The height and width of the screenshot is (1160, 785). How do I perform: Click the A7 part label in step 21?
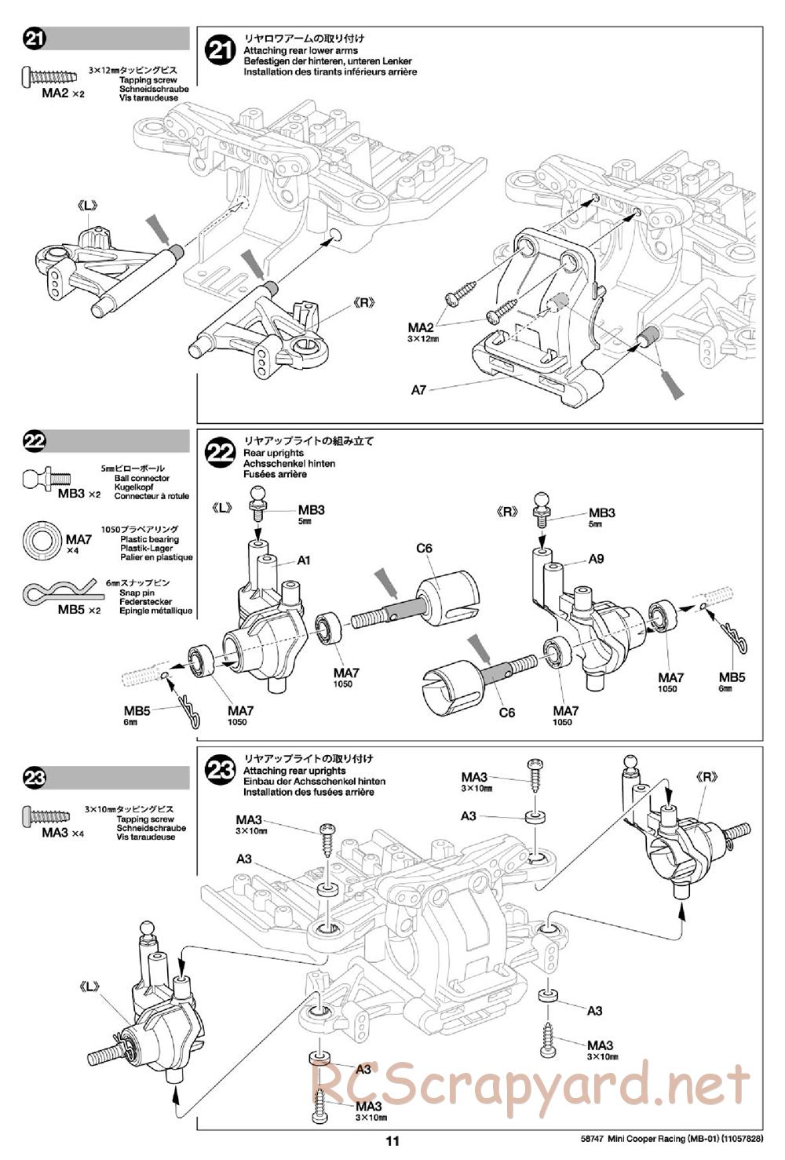tap(418, 389)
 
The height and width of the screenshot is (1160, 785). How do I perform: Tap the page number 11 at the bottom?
tap(392, 1142)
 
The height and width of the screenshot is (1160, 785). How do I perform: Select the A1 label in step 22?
tap(305, 560)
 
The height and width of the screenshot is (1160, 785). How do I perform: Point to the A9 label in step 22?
tap(596, 560)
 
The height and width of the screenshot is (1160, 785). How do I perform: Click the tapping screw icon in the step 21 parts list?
tap(49, 76)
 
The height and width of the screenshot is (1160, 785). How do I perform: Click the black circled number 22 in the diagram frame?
tap(220, 453)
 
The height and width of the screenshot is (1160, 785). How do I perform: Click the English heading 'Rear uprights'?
tap(273, 453)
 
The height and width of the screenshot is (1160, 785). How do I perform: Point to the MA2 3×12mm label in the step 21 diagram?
tap(422, 332)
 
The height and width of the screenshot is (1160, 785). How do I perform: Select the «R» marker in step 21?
tap(365, 301)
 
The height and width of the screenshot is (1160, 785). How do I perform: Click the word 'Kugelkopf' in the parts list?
tap(133, 487)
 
